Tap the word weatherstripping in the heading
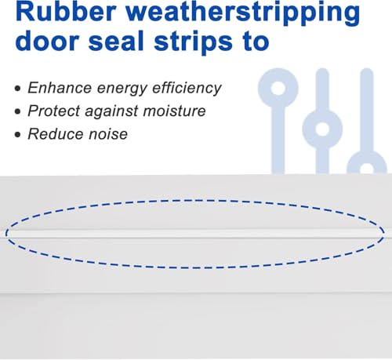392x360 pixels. (243, 14)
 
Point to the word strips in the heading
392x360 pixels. (193, 43)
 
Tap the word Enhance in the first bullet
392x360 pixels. (60, 88)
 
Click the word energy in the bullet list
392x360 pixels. (122, 89)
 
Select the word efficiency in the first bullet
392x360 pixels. (187, 89)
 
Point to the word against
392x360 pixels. (111, 111)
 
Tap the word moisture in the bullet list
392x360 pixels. (174, 111)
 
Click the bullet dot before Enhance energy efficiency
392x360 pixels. (18, 89)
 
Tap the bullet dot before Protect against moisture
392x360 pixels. (18, 111)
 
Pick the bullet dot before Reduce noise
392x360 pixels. (18, 135)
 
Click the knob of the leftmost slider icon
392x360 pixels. (278, 78)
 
